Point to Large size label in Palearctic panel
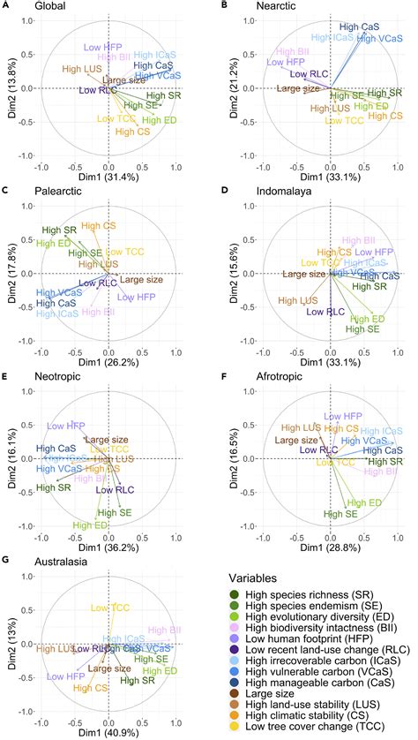tap(140, 280)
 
